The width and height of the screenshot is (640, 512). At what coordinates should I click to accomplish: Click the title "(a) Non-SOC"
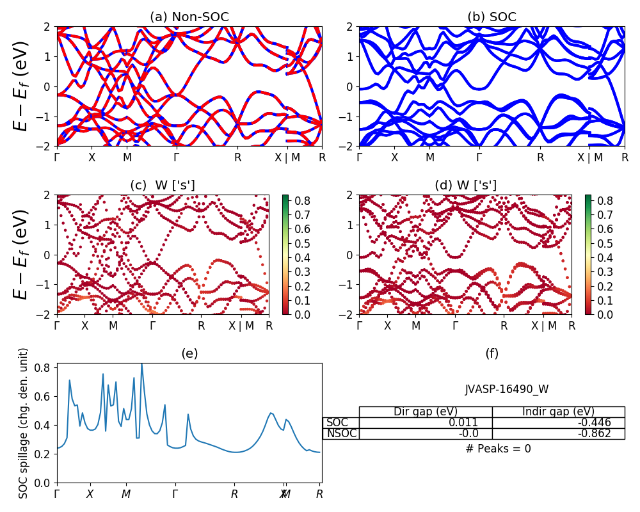click(189, 17)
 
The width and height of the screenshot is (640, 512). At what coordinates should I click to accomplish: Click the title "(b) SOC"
click(492, 17)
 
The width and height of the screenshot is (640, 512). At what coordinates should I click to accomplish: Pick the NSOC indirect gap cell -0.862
click(598, 433)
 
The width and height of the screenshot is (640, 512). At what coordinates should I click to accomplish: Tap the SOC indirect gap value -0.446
click(598, 422)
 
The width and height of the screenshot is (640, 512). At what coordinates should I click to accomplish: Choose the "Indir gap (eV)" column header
click(559, 412)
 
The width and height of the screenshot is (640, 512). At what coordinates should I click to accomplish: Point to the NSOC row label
click(341, 433)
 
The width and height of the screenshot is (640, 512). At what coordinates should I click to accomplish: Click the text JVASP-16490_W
click(506, 389)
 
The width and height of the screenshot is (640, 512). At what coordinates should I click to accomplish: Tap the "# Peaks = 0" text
click(498, 449)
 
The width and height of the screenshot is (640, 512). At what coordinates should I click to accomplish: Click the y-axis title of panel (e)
click(24, 423)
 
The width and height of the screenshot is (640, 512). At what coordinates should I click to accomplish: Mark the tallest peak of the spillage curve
click(141, 364)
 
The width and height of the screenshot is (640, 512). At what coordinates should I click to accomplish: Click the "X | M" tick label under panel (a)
click(286, 157)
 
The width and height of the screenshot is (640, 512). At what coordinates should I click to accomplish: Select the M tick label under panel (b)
click(430, 157)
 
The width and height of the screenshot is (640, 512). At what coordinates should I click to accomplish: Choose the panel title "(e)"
click(189, 353)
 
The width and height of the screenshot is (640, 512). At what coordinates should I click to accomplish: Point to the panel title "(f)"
click(492, 353)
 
